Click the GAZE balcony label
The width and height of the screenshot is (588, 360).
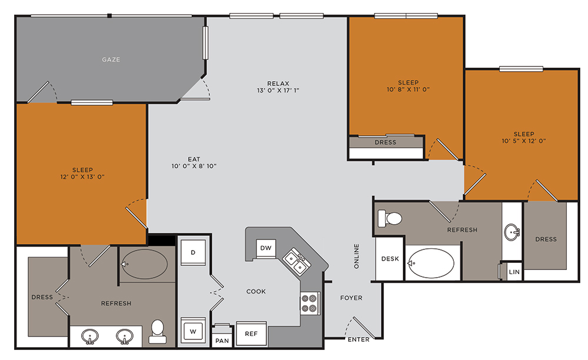pyautogui.click(x=111, y=59)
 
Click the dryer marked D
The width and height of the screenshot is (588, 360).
pyautogui.click(x=193, y=252)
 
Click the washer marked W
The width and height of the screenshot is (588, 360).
pyautogui.click(x=193, y=330)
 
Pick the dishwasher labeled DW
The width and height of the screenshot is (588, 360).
pyautogui.click(x=266, y=248)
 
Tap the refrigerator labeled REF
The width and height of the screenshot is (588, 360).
pyautogui.click(x=251, y=334)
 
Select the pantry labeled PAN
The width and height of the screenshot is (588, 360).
pyautogui.click(x=222, y=340)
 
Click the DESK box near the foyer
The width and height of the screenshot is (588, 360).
pyautogui.click(x=390, y=259)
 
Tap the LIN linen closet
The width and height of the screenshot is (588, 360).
pyautogui.click(x=514, y=272)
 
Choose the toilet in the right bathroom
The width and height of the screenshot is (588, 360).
pyautogui.click(x=390, y=218)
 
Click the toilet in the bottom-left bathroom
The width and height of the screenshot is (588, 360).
pyautogui.click(x=157, y=331)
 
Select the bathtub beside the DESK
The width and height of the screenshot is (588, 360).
pyautogui.click(x=432, y=262)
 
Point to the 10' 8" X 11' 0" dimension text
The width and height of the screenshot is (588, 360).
pyautogui.click(x=408, y=90)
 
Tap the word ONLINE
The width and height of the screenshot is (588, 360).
pyautogui.click(x=356, y=256)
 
